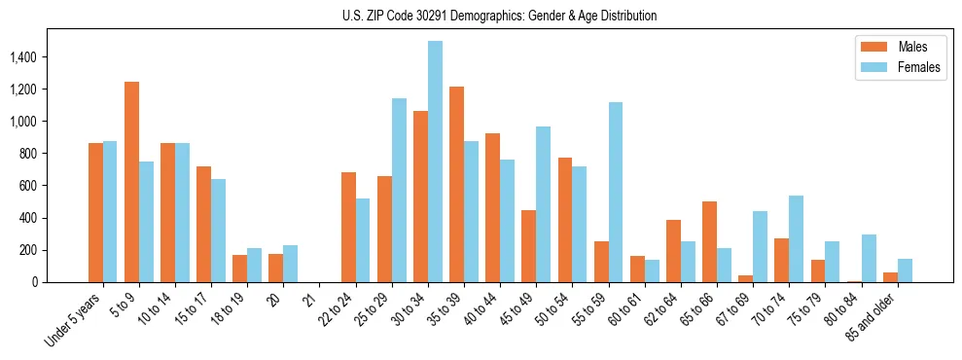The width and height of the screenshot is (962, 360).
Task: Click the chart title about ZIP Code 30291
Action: [x=499, y=16]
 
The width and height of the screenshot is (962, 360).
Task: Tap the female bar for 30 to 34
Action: [x=435, y=162]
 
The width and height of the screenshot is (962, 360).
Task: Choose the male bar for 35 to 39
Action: [x=457, y=184]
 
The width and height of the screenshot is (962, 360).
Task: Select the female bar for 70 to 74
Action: [x=796, y=238]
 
